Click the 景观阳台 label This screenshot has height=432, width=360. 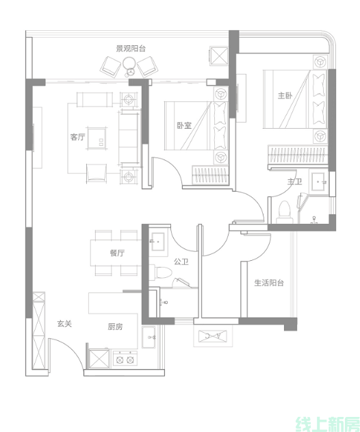point(131,49)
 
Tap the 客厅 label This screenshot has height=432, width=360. point(77,137)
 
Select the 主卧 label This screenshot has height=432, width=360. point(285,96)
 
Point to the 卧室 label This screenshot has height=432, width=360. point(184,126)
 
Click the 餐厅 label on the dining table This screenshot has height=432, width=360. point(117,253)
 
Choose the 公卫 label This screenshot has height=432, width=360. point(181,262)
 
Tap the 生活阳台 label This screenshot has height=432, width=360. point(269,283)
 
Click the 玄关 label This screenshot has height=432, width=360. point(64,323)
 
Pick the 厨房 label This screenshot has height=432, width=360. point(115,327)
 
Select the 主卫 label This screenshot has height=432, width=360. point(294,182)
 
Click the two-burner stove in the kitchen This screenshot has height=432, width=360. point(125,359)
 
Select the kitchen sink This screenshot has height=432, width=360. point(149,337)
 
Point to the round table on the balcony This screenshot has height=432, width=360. point(129,63)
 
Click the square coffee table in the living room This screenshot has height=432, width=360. point(96,138)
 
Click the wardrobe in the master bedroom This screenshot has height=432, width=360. point(298,155)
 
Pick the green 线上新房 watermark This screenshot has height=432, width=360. point(328,424)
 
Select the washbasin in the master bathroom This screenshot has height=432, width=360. point(318,181)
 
